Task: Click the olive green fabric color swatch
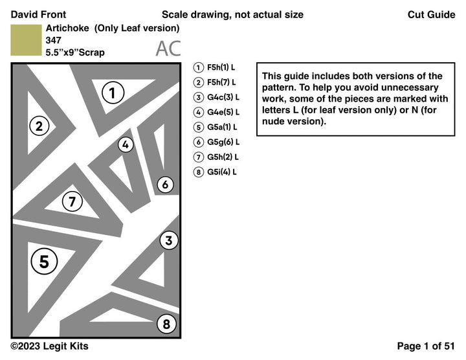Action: [x=26, y=40]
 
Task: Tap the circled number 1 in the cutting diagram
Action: [x=113, y=93]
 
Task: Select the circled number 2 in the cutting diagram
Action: [x=39, y=126]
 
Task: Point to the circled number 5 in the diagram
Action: [x=44, y=262]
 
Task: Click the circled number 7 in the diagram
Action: [x=72, y=202]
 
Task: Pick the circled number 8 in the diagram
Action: [x=166, y=324]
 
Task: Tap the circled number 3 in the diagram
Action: [x=168, y=241]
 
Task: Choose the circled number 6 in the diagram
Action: [x=165, y=185]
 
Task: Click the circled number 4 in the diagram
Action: [x=126, y=145]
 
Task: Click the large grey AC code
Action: [x=168, y=49]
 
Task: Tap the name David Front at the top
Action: [x=38, y=14]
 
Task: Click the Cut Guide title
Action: [x=431, y=14]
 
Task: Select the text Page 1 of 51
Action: [x=426, y=346]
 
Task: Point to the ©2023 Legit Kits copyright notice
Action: [x=49, y=346]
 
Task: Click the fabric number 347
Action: [x=54, y=40]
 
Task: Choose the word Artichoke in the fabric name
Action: [x=67, y=28]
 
